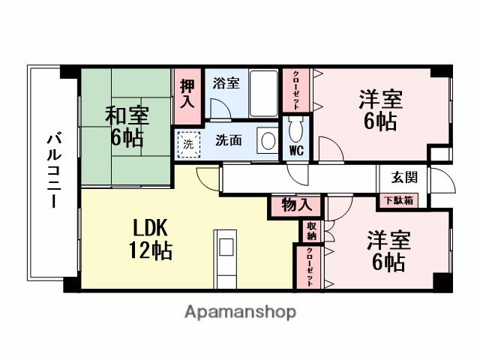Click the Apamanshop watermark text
click(240, 311)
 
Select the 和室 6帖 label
click(127, 127)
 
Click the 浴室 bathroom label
click(226, 83)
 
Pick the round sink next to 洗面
click(267, 140)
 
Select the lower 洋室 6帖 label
click(386, 251)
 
